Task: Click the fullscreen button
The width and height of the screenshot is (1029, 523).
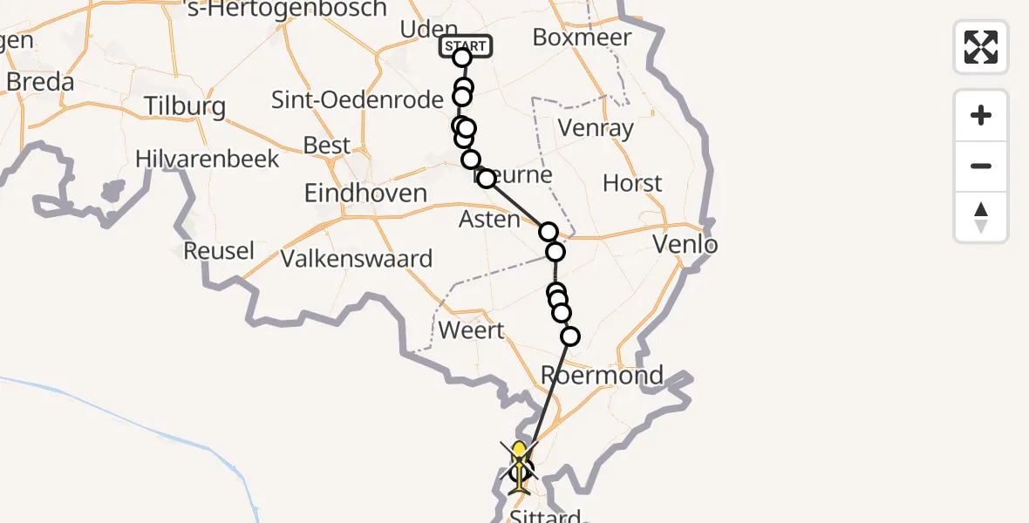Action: pos(981,47)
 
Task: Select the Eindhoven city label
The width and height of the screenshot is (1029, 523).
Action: pos(365,193)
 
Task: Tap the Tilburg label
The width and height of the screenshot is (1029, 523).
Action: pos(185,107)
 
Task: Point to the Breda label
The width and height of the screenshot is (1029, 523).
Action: pos(39,82)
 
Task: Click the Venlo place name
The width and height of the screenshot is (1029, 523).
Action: pos(685,245)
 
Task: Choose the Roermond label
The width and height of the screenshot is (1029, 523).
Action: pos(602,376)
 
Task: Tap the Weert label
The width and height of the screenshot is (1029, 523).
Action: pos(471,331)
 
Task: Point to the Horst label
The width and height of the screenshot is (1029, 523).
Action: pos(632,184)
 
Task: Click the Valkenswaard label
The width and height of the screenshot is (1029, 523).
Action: pos(357,259)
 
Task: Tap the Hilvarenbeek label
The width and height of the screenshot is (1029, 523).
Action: pos(208,159)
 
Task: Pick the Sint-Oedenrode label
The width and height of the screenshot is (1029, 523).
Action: pos(358,100)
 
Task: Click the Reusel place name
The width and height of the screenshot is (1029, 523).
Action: pos(219,251)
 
